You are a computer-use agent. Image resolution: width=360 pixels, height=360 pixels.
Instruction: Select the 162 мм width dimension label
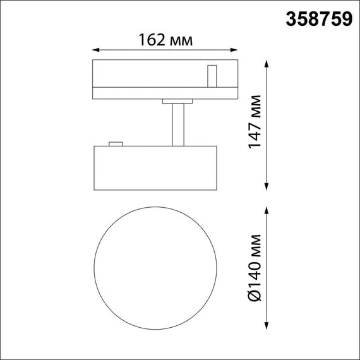point(165,40)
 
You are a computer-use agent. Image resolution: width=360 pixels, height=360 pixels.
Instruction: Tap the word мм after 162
point(181,40)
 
